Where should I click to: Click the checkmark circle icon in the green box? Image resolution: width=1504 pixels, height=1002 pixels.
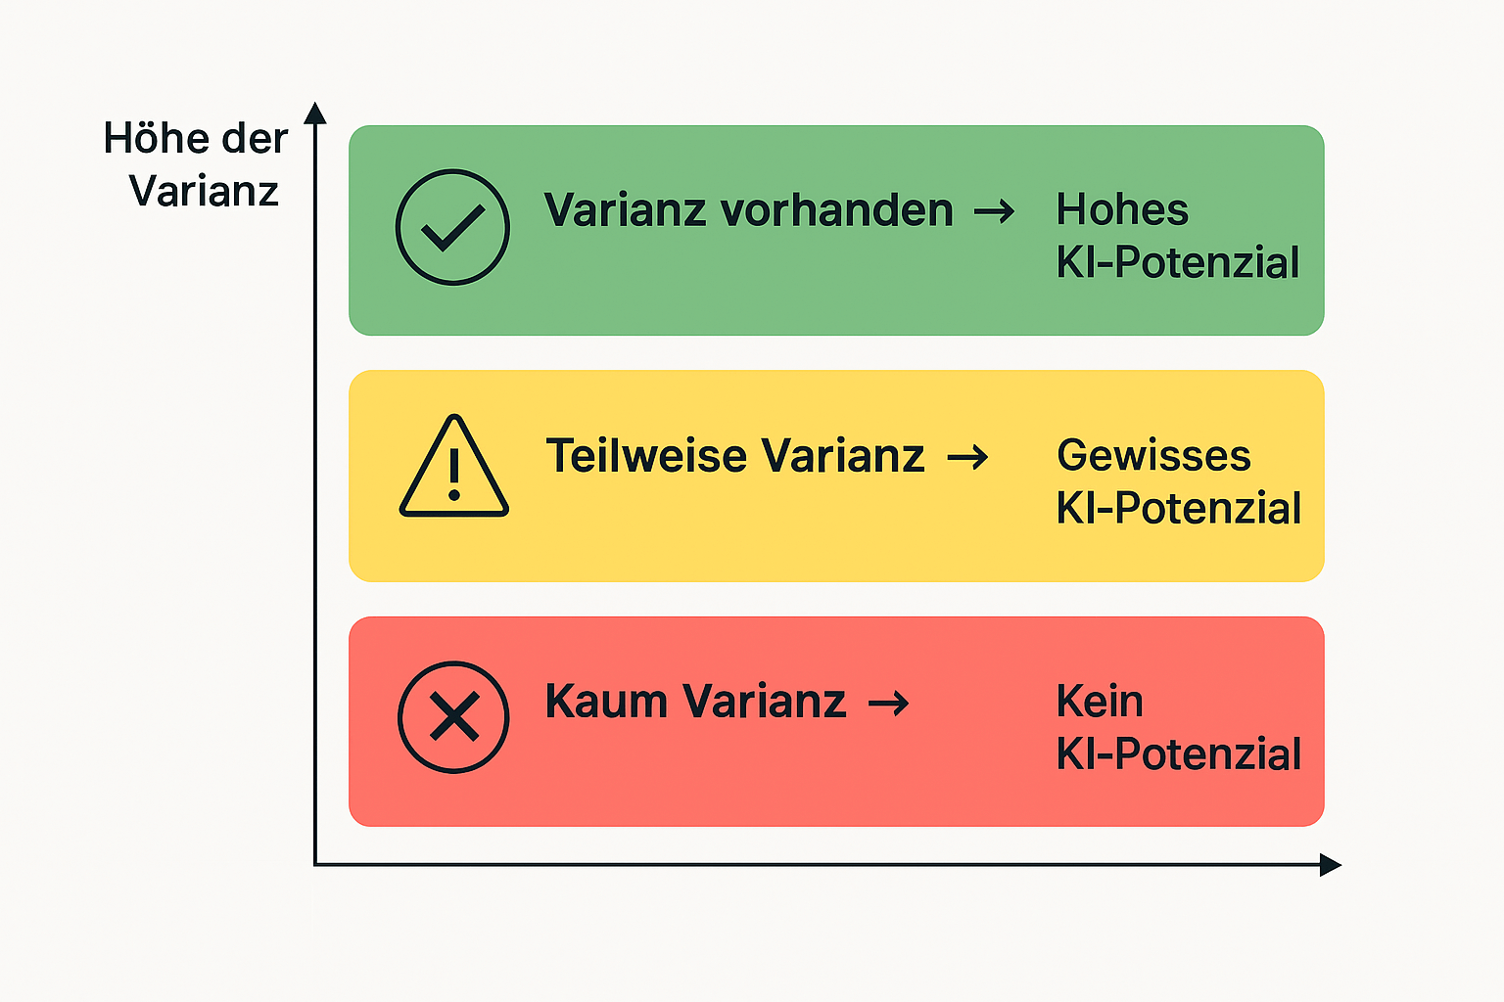pos(452,227)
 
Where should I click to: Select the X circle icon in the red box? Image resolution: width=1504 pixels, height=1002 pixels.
pos(453,717)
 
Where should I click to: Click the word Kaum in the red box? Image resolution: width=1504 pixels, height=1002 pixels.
pos(606,702)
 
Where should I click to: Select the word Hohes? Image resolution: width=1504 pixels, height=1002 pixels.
pos(1122,210)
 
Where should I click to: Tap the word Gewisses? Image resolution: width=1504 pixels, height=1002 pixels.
pos(1153,456)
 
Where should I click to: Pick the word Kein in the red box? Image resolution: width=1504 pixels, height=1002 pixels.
pos(1100,702)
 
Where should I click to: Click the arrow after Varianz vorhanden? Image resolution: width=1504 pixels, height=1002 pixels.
pos(994,211)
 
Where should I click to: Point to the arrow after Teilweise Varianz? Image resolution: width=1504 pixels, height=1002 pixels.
pos(967,457)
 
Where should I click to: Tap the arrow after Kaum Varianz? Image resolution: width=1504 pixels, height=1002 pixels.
pos(889,703)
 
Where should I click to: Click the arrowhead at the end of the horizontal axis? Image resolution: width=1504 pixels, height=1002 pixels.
pos(1330,864)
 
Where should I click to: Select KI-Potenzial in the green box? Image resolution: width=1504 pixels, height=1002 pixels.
pos(1178,263)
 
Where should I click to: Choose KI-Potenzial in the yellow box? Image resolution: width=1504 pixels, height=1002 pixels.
pos(1178,509)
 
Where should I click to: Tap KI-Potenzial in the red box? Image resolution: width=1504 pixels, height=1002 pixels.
pos(1178,754)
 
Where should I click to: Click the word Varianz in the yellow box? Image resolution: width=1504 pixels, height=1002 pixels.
pos(843,456)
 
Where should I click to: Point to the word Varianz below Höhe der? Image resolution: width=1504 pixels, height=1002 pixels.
pos(204,191)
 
